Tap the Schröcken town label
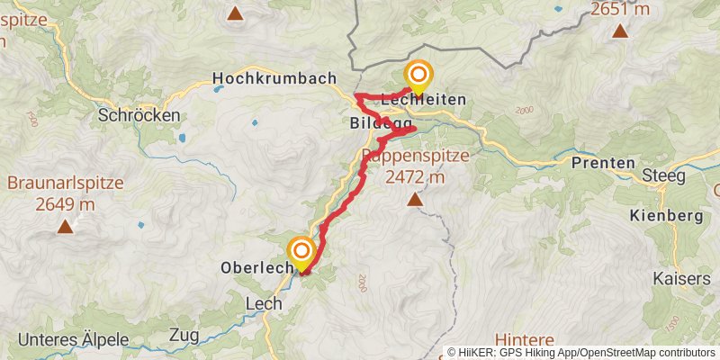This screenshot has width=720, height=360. [x=139, y=115]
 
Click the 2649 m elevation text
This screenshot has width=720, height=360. [x=65, y=204]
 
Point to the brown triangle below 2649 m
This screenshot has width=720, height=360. [x=65, y=227]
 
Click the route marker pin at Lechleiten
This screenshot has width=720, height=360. [x=418, y=76]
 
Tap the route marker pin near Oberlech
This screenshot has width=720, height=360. [x=301, y=251]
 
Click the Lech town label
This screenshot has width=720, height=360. [x=263, y=305]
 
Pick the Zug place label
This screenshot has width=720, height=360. [x=184, y=336]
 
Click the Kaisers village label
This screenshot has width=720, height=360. [x=682, y=279]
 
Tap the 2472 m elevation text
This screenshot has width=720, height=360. [x=415, y=177]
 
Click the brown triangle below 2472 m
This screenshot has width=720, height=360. [x=414, y=200]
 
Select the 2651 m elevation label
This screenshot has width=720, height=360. [x=620, y=11]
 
